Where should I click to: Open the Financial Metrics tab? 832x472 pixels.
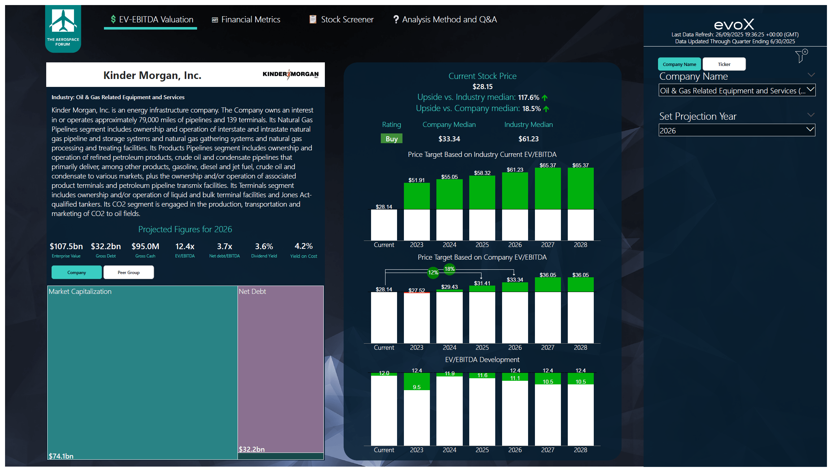246,19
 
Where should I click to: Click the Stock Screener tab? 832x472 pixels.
341,19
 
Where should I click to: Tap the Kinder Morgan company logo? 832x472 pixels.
291,74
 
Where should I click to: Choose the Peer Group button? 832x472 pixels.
128,272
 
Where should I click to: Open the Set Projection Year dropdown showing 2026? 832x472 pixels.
737,131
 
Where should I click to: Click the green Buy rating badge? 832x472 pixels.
391,139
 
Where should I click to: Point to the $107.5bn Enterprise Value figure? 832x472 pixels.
66,246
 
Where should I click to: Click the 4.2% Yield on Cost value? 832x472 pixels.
304,246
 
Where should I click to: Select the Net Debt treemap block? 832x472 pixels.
280,368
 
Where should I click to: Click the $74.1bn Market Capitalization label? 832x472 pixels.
61,456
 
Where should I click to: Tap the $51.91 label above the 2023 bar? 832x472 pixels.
417,180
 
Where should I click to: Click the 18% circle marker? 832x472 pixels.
449,269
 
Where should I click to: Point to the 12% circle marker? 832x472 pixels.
433,273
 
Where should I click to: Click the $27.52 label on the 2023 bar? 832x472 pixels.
417,290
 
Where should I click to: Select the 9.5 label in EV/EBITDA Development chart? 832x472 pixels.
417,387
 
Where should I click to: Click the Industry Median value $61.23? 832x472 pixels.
528,139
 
